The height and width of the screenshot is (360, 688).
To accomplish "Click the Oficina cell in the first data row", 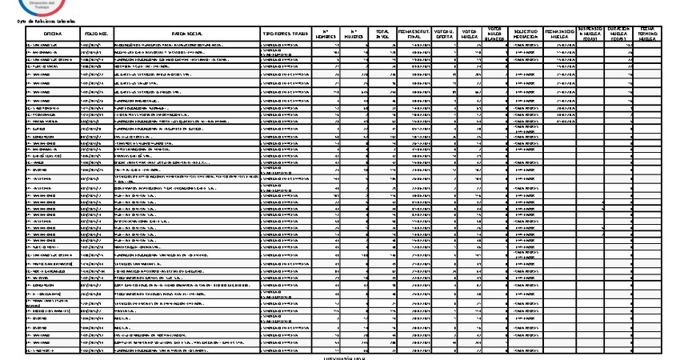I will pos(52,47).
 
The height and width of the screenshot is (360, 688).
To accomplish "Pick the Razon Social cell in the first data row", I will pos(186,47).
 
